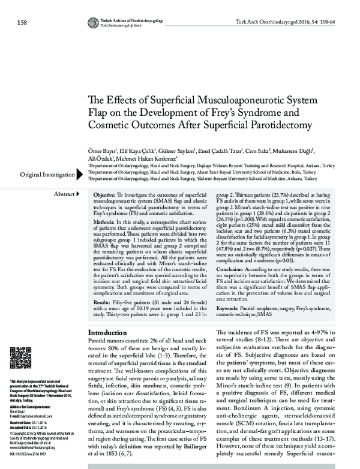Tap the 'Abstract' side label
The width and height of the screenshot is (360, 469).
[x=63, y=195]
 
